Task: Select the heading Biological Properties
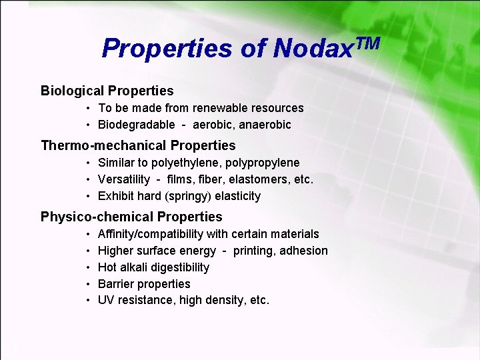(x=107, y=91)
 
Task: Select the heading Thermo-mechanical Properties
(x=138, y=145)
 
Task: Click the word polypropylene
(x=263, y=163)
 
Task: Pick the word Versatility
(x=124, y=179)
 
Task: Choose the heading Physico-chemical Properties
(x=131, y=217)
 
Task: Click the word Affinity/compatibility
(x=151, y=234)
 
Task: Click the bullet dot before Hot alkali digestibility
(x=88, y=267)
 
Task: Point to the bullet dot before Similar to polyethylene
(x=88, y=163)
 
